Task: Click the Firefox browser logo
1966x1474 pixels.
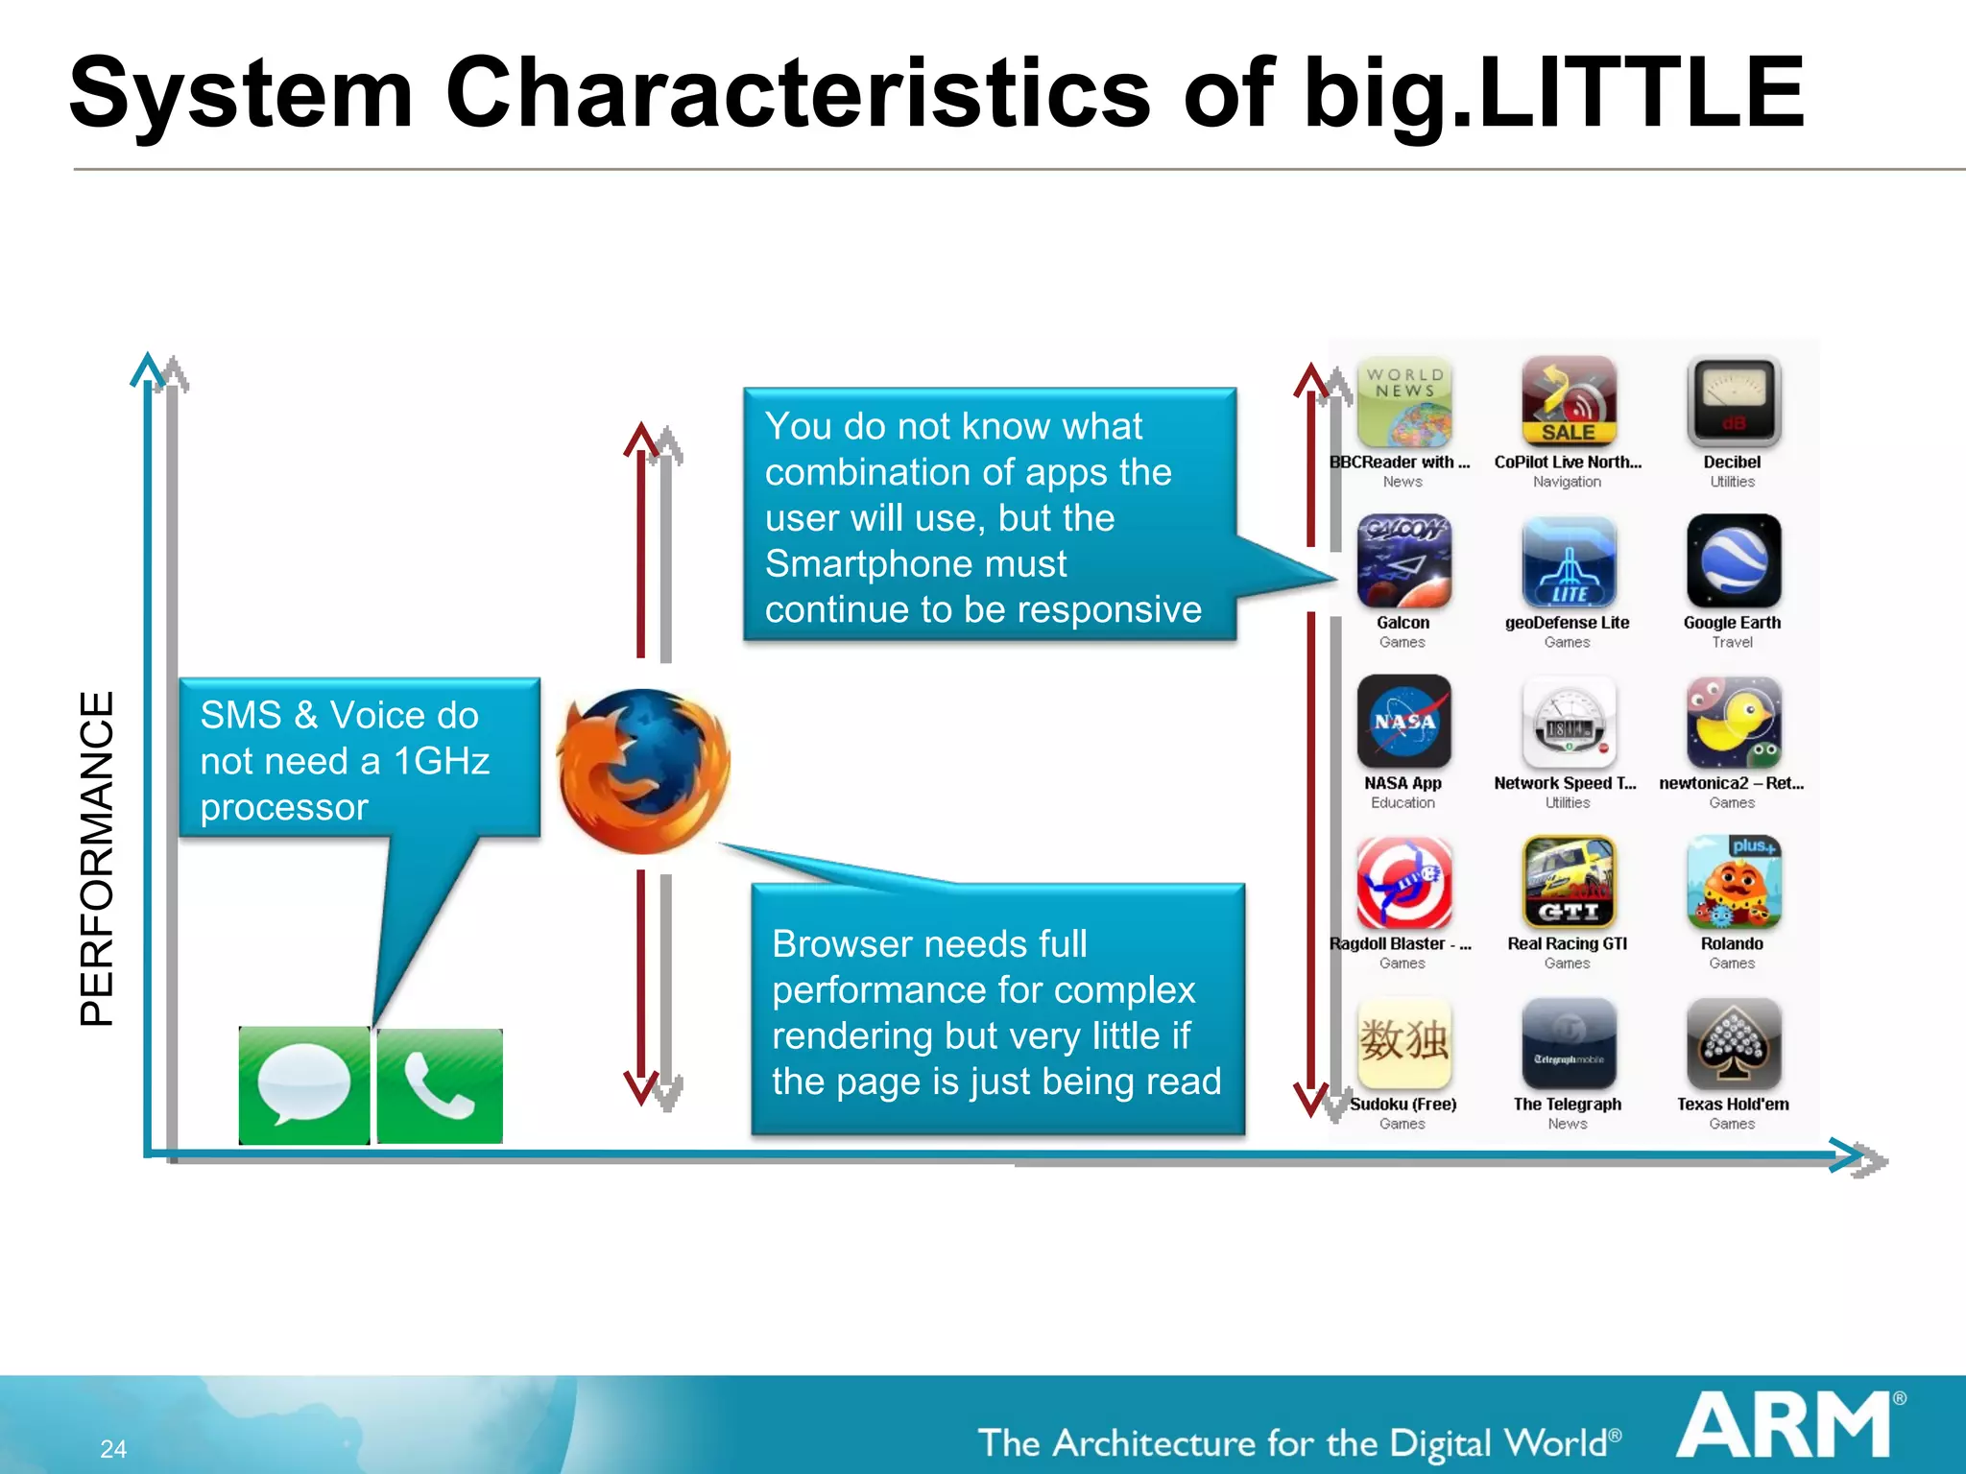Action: [x=643, y=771]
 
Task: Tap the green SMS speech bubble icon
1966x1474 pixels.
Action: [x=304, y=1085]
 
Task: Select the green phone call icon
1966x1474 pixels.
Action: [x=440, y=1085]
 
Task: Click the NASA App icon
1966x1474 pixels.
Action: [x=1403, y=721]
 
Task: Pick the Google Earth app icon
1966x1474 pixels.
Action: [x=1733, y=560]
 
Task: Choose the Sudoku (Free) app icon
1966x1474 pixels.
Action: [x=1403, y=1043]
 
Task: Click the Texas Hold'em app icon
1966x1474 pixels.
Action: [x=1733, y=1043]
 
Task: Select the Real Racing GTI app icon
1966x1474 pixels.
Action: [x=1569, y=882]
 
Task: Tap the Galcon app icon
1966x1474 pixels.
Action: [x=1403, y=560]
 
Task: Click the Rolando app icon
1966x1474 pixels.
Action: [x=1733, y=882]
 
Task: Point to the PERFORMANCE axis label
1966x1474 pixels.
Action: [x=97, y=859]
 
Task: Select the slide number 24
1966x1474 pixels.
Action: [x=113, y=1449]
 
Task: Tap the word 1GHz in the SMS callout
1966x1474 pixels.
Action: [x=442, y=761]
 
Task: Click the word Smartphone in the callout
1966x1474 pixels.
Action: [x=915, y=563]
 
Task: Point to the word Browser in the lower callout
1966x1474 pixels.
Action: [x=833, y=944]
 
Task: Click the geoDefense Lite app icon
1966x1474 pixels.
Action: [x=1569, y=560]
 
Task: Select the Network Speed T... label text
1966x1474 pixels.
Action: [x=1565, y=783]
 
